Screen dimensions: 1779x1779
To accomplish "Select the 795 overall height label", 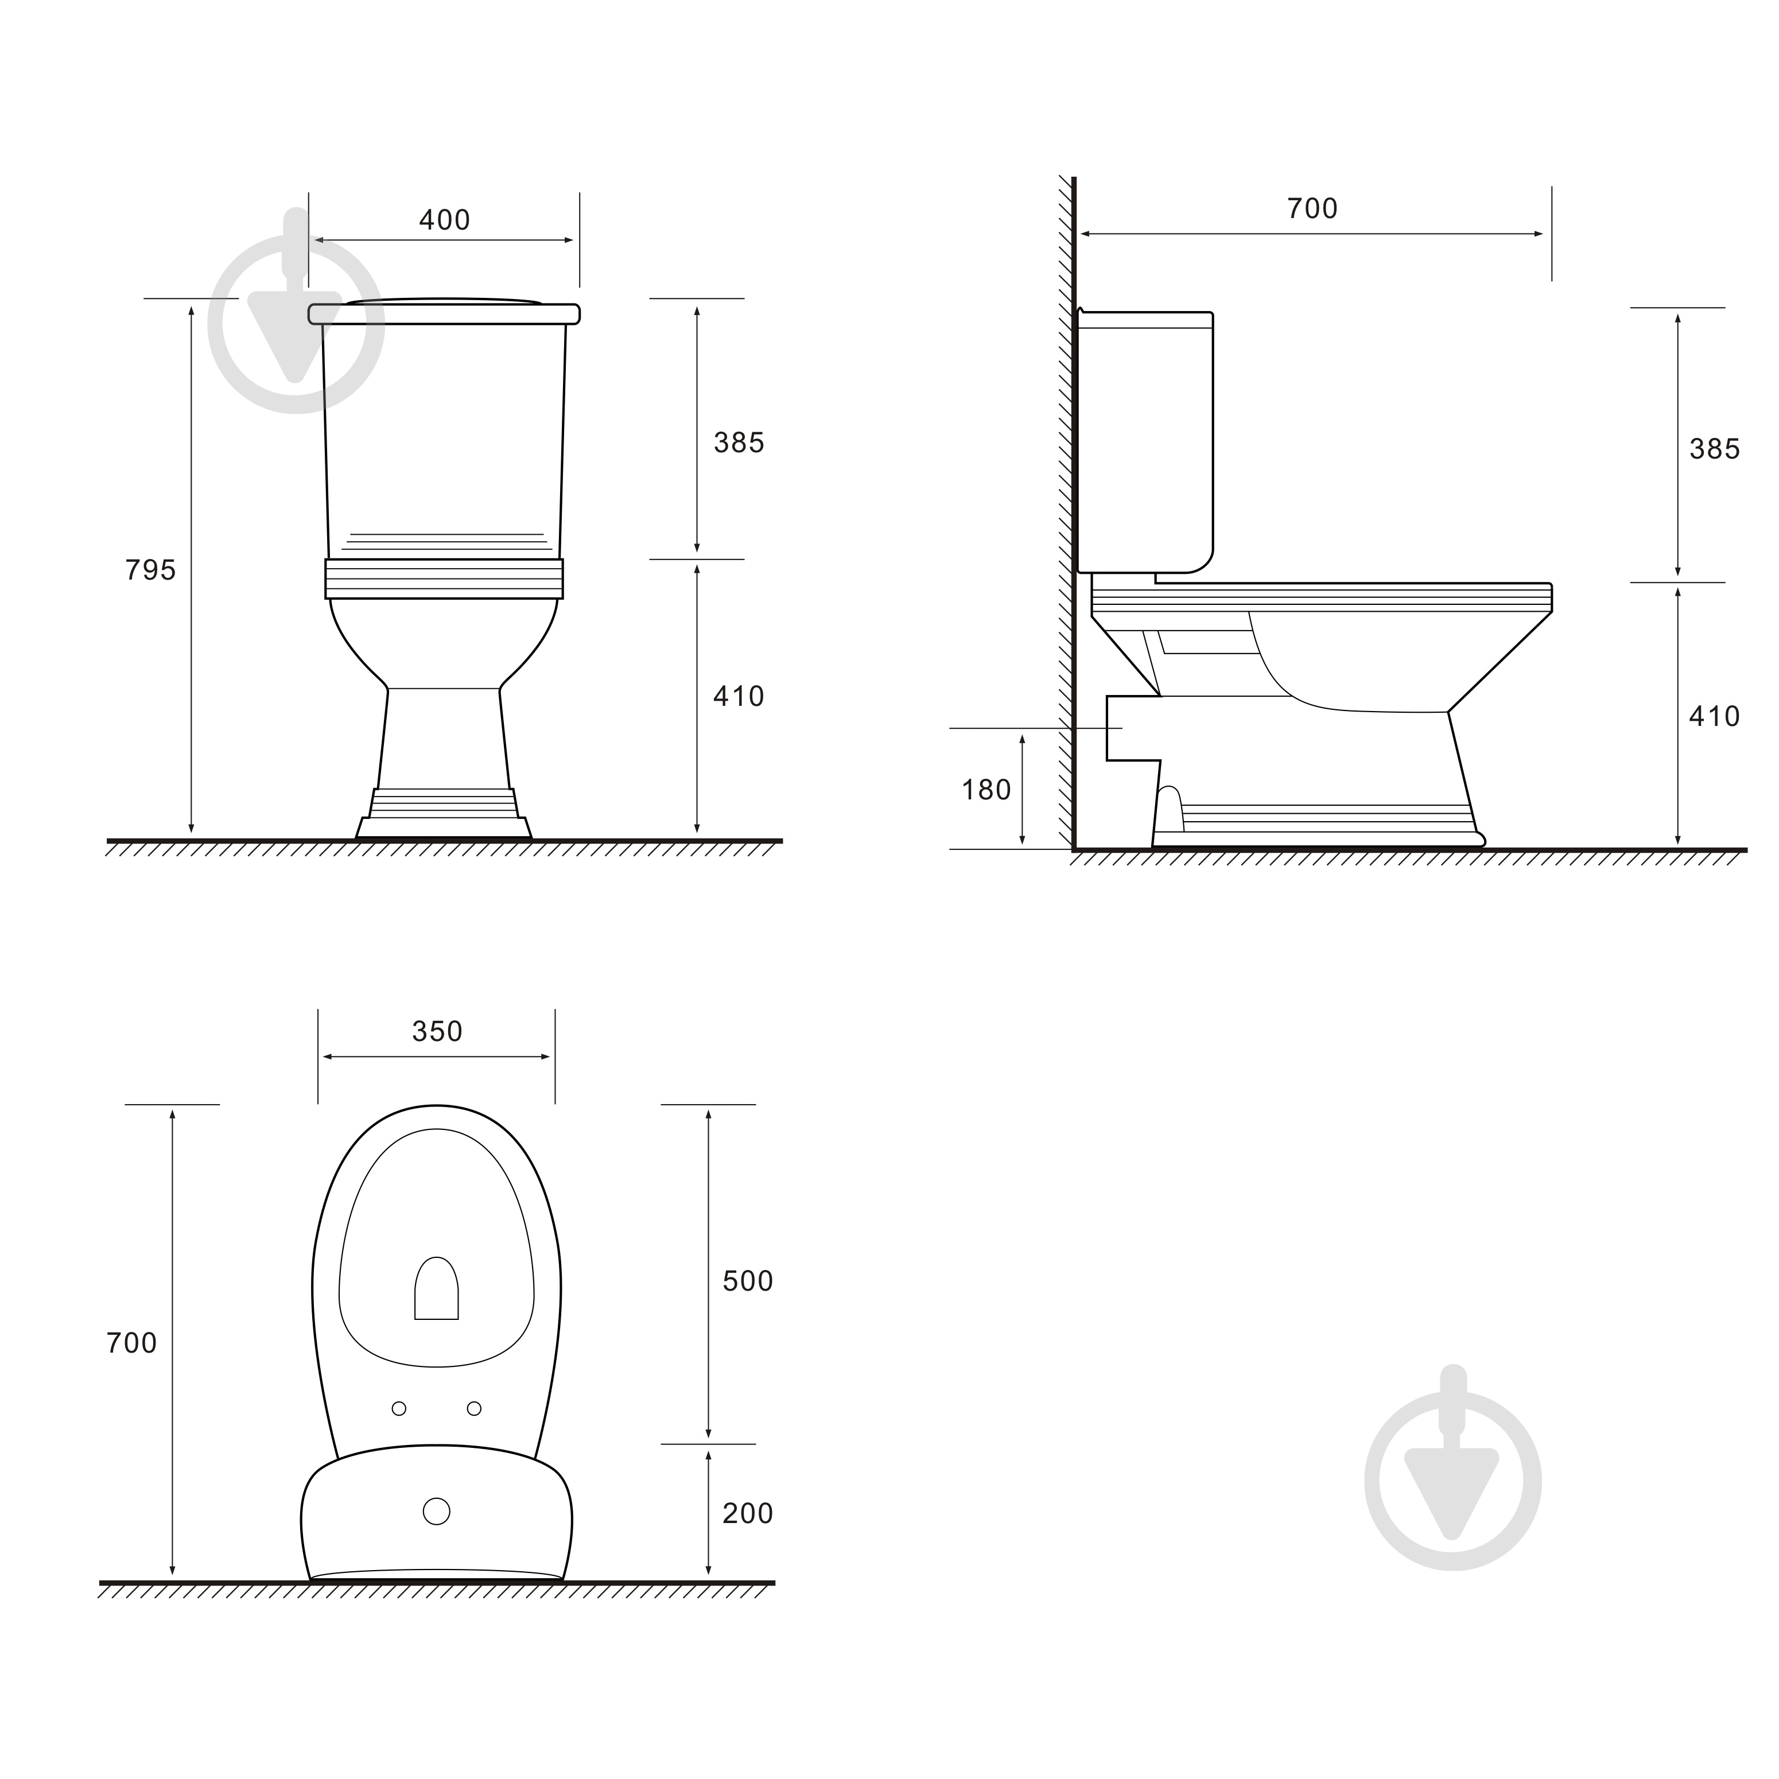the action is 150,571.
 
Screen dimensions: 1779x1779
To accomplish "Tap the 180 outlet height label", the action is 986,790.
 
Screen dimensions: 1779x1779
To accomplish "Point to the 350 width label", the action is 437,1031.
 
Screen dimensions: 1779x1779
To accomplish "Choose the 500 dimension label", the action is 748,1281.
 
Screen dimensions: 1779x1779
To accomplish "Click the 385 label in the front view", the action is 739,443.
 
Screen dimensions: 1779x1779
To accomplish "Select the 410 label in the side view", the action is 1715,716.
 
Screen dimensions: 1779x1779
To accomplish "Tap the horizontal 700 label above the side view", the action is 1312,209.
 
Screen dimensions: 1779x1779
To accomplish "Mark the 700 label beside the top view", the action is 131,1343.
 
